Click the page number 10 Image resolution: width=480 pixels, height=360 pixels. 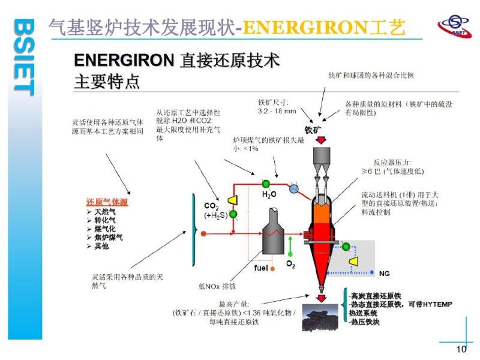pos(461,350)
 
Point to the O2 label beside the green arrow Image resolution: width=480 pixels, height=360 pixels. pos(290,264)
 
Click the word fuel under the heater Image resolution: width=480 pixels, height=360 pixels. pos(260,268)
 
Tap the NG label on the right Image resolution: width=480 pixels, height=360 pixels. pos(385,273)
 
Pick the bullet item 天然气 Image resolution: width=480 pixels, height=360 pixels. pos(105,212)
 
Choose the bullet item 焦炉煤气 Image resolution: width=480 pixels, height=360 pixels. pos(108,238)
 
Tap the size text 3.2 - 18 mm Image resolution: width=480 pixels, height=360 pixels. pos(277,111)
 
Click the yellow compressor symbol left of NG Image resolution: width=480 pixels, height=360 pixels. pos(354,262)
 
